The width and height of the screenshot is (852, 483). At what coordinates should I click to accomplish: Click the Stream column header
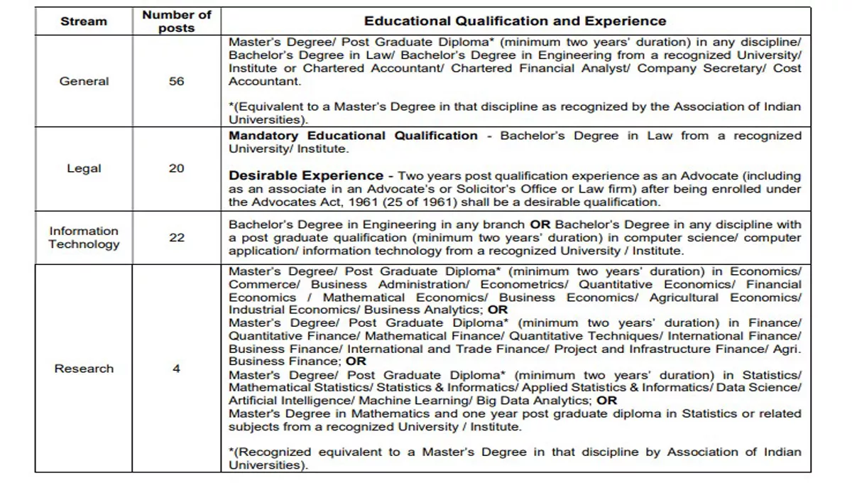point(84,21)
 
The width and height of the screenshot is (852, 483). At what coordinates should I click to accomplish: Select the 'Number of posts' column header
point(176,21)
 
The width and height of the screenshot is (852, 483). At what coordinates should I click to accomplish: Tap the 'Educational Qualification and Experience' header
point(515,21)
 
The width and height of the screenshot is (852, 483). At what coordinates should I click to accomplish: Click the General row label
point(84,82)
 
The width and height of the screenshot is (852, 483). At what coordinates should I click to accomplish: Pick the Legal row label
point(84,168)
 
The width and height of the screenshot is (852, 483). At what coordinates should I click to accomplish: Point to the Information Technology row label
point(84,237)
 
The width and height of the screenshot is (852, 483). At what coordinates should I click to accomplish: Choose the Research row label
point(84,369)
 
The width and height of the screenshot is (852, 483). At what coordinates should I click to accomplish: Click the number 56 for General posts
point(176,82)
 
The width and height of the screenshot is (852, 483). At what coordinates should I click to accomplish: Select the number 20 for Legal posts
point(176,168)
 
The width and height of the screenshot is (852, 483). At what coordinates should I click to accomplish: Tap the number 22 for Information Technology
point(176,237)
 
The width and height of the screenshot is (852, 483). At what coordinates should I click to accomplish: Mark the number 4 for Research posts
point(176,369)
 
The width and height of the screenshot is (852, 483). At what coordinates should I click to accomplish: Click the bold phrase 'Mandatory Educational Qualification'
point(353,136)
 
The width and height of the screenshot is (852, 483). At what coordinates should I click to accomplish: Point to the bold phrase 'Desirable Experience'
point(305,175)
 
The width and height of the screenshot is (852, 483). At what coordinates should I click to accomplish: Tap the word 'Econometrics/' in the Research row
point(526,284)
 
